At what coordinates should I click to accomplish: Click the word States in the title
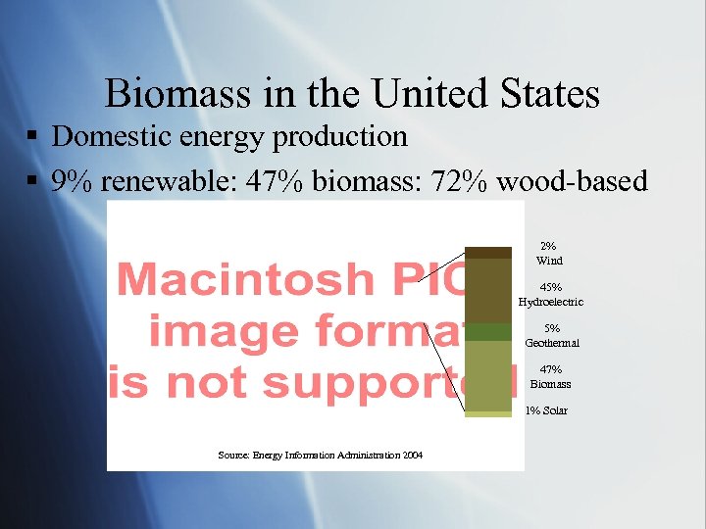click(x=547, y=94)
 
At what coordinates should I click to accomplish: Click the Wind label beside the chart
click(x=549, y=261)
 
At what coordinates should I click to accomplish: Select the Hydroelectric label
click(x=550, y=302)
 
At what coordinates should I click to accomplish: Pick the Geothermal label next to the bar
click(x=552, y=343)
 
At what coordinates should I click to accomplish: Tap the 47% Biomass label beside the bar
click(x=550, y=377)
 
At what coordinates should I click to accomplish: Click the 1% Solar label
click(x=546, y=410)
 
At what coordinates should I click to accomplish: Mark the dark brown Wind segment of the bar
click(x=488, y=253)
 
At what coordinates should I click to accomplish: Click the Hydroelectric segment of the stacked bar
click(x=488, y=291)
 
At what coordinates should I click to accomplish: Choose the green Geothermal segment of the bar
click(x=488, y=332)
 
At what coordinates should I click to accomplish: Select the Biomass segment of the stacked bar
click(x=488, y=376)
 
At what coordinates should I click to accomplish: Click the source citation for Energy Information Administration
click(x=320, y=456)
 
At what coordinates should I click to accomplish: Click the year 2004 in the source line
click(x=412, y=456)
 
